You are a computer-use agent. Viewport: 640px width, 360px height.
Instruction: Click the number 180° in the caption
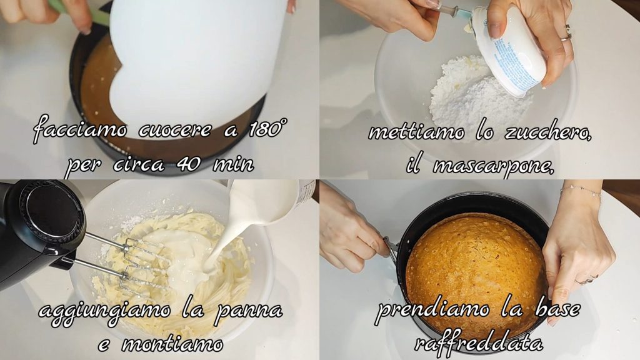pyautogui.click(x=267, y=129)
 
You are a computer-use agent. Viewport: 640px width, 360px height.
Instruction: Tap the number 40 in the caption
pyautogui.click(x=189, y=164)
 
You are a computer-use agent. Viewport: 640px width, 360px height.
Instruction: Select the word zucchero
pyautogui.click(x=548, y=132)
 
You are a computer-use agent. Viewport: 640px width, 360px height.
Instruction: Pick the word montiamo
pyautogui.click(x=172, y=344)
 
